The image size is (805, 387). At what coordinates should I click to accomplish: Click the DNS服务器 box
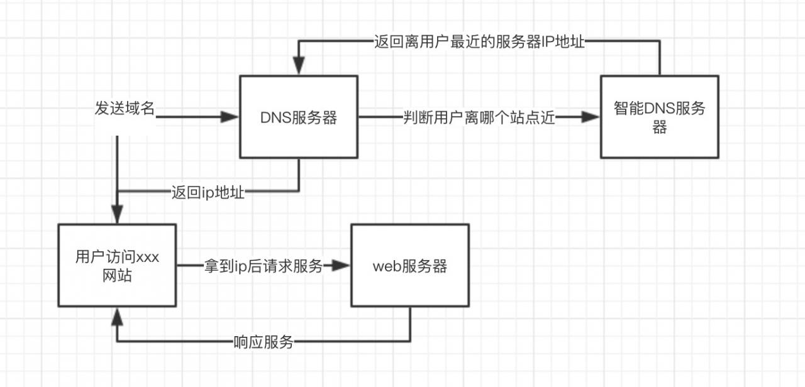click(x=299, y=117)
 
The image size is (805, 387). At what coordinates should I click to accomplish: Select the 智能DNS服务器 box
click(x=659, y=117)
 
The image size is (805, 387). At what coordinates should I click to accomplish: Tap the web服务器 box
click(x=410, y=266)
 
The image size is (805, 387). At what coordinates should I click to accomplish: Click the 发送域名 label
click(x=125, y=109)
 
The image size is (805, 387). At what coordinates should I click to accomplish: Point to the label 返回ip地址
click(x=208, y=192)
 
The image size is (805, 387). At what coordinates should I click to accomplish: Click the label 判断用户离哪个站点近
click(x=479, y=117)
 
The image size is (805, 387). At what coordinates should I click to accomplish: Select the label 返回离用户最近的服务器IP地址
click(x=479, y=43)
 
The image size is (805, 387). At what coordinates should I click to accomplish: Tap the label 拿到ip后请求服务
click(x=264, y=266)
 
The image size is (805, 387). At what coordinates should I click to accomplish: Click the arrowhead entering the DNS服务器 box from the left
click(x=231, y=117)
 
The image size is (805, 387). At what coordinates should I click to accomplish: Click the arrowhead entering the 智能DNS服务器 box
click(x=591, y=117)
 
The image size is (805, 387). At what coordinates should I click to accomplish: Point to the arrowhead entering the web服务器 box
click(x=341, y=266)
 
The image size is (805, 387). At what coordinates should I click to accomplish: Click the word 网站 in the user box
click(x=117, y=275)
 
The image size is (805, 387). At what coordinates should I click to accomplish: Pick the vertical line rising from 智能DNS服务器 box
click(x=659, y=60)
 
